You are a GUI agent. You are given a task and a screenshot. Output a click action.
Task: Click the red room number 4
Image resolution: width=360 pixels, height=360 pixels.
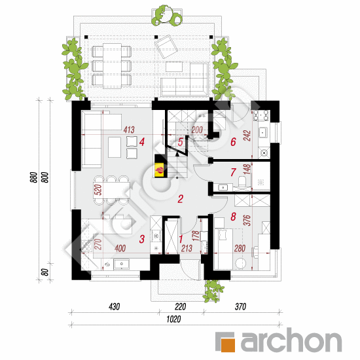click(142, 142)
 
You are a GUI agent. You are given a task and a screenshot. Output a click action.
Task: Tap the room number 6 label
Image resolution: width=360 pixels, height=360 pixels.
click(233, 142)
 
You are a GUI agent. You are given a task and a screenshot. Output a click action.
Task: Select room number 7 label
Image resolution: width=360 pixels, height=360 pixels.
click(233, 172)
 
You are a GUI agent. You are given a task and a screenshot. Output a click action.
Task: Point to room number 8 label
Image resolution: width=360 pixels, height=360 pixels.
click(233, 217)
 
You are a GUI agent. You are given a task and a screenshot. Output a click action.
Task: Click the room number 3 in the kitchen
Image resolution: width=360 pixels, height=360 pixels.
click(142, 239)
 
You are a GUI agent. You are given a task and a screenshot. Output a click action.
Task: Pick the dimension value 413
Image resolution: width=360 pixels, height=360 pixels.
click(129, 130)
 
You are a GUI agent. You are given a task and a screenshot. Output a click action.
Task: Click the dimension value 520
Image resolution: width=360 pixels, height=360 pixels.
click(98, 190)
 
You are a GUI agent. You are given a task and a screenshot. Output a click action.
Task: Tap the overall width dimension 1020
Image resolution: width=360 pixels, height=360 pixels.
click(173, 319)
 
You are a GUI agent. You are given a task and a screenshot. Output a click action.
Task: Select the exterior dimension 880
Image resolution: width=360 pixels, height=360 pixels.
click(34, 177)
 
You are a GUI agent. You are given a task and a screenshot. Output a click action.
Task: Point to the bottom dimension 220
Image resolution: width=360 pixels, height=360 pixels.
click(180, 306)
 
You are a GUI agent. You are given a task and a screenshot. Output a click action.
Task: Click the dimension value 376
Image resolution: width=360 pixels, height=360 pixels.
click(247, 220)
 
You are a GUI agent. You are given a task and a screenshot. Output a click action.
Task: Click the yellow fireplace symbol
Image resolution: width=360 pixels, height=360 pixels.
click(159, 170)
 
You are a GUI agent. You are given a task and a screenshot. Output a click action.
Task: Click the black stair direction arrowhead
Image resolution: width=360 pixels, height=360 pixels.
click(177, 154)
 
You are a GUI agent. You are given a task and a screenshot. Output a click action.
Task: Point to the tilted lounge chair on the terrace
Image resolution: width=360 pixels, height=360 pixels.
click(166, 46)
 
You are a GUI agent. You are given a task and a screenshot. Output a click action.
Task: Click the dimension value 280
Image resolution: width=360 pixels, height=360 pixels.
click(240, 248)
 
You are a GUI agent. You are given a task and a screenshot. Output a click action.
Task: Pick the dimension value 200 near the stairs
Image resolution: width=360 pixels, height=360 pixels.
click(197, 130)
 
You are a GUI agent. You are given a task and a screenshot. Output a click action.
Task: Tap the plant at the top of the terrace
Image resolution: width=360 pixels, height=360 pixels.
click(167, 16)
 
